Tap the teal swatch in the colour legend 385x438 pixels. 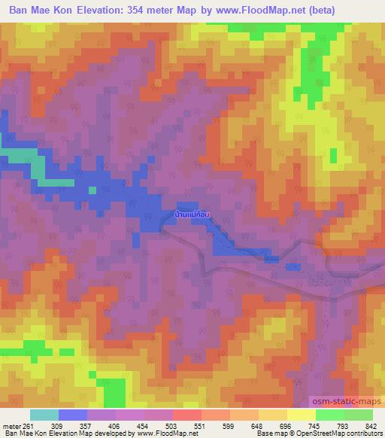tap(44, 415)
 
